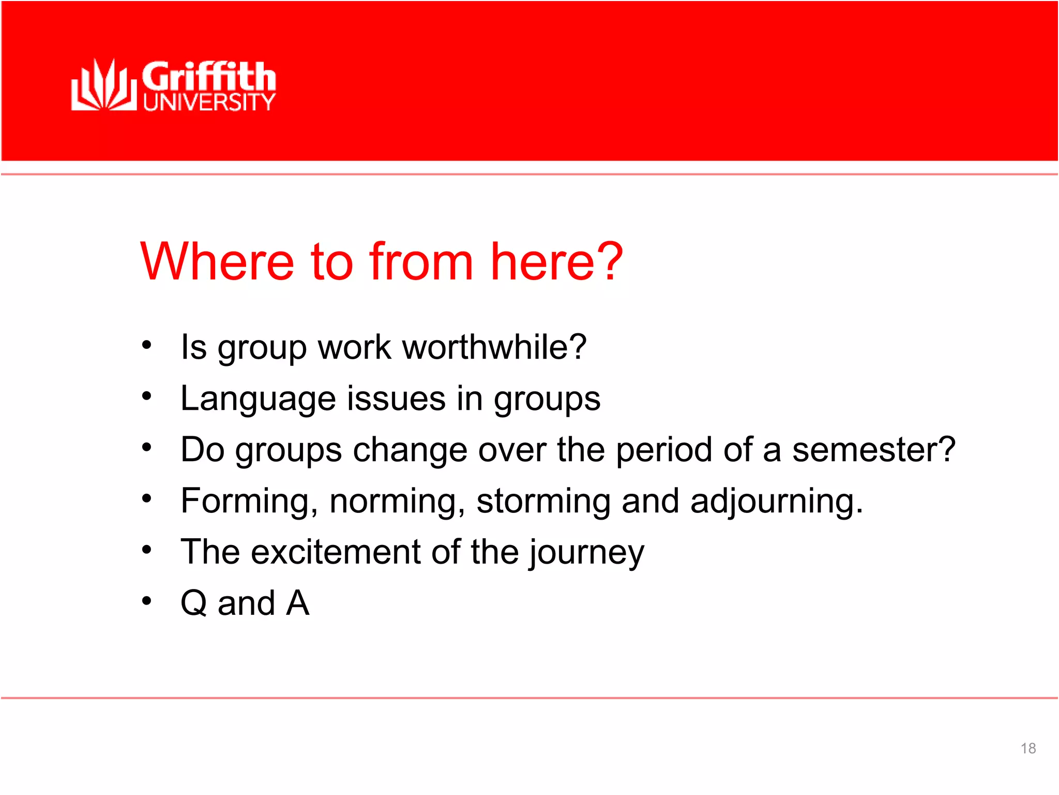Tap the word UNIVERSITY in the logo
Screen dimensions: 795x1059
[209, 102]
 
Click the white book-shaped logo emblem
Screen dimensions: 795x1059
[103, 85]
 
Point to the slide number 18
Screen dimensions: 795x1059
[1028, 748]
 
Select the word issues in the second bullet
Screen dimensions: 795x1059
[396, 399]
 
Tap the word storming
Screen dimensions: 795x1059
[543, 502]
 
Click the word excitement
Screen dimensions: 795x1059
[336, 552]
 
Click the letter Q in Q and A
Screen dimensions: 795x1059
[194, 603]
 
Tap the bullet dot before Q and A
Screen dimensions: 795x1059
[147, 601]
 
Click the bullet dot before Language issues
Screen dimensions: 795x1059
[147, 396]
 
